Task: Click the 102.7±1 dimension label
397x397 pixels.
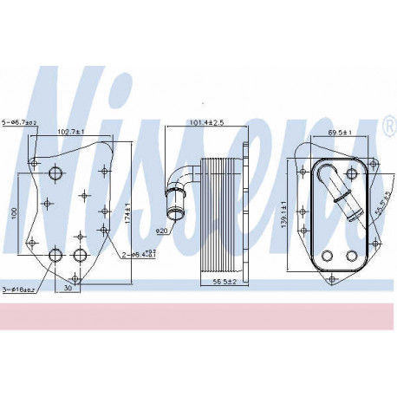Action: click(x=71, y=131)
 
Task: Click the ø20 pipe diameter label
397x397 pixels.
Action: click(x=161, y=231)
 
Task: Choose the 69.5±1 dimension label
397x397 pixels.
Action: click(x=340, y=132)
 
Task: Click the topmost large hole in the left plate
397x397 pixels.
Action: click(x=57, y=174)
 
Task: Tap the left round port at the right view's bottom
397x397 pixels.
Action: click(x=326, y=255)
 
